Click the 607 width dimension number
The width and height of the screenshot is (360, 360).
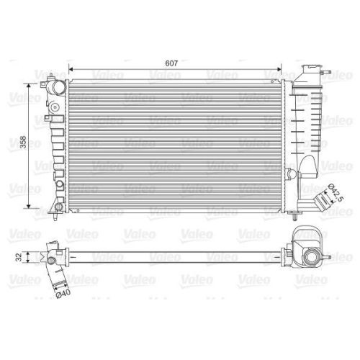pos(171,63)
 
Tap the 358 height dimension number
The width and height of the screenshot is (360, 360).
pos(23,142)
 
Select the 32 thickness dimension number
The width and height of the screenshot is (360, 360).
pos(19,257)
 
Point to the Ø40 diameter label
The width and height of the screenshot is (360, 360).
pos(63,293)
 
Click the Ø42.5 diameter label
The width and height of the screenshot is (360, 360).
pos(336,192)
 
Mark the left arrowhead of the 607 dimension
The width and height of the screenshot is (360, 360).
pos(71,69)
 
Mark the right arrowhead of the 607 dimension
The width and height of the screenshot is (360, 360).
pos(279,69)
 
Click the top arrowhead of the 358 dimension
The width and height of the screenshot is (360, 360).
pos(29,86)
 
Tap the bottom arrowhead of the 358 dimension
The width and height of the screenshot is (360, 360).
pos(29,206)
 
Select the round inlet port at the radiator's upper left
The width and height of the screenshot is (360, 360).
pos(58,87)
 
